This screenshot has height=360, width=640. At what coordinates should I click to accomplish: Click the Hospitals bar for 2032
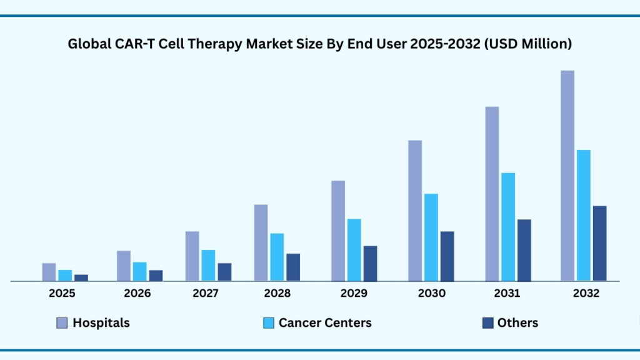(x=567, y=176)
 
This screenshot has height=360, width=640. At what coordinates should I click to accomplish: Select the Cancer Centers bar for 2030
(x=431, y=237)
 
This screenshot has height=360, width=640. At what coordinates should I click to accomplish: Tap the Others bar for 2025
(x=81, y=278)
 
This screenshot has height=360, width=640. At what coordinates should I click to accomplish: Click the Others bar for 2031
(x=524, y=250)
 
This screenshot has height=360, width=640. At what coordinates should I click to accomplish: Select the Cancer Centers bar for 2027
(x=208, y=266)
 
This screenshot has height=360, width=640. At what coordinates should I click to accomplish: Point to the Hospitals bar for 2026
(x=123, y=266)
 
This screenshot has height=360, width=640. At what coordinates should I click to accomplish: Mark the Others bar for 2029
(x=370, y=263)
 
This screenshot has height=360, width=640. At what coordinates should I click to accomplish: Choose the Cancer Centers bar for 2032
(x=583, y=216)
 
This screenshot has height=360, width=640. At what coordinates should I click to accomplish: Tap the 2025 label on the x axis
(x=62, y=293)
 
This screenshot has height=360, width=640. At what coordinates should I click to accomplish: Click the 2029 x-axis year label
(x=354, y=293)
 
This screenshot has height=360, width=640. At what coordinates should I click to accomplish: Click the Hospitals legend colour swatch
(x=62, y=323)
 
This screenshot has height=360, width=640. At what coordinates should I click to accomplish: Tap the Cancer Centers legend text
(x=325, y=323)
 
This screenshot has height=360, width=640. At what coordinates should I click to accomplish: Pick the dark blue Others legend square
(x=488, y=323)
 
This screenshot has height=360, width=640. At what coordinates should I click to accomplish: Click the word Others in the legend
(x=517, y=323)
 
